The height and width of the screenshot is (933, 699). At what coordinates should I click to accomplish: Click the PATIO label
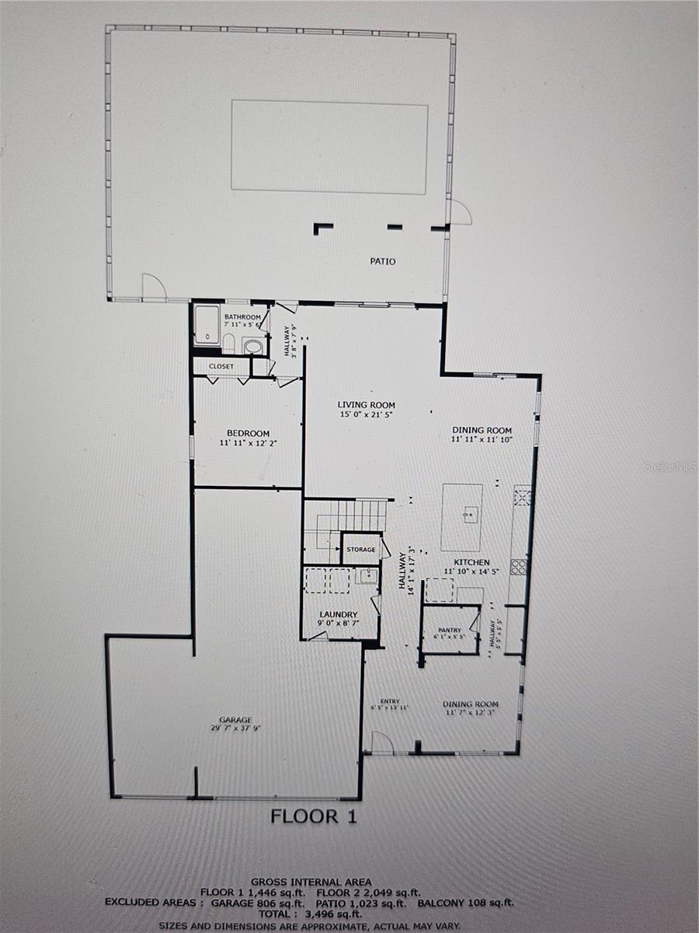click(x=382, y=261)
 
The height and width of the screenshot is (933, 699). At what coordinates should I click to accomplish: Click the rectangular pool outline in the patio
click(x=329, y=146)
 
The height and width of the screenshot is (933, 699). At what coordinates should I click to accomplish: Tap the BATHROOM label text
click(x=242, y=317)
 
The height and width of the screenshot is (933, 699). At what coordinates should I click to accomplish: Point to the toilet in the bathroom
click(x=229, y=343)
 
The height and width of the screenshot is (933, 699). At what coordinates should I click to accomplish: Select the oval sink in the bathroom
click(x=253, y=347)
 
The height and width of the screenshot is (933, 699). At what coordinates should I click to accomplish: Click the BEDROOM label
click(x=248, y=433)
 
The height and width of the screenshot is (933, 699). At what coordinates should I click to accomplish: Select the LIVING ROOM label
click(x=366, y=405)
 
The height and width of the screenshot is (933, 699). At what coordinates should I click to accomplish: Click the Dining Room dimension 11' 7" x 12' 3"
click(x=471, y=712)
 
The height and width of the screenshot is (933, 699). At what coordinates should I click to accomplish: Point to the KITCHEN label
click(x=471, y=562)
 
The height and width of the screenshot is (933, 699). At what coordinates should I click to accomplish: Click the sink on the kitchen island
click(x=470, y=514)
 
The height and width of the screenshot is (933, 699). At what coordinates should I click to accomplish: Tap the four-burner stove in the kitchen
click(x=518, y=566)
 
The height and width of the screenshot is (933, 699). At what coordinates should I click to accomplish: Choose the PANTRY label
click(x=449, y=630)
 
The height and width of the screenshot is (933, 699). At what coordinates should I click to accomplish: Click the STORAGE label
click(x=361, y=550)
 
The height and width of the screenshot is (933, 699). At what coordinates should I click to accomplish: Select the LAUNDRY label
click(x=338, y=614)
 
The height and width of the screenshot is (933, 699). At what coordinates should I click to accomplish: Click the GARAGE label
click(x=235, y=720)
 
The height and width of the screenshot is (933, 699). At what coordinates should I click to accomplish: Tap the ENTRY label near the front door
click(x=390, y=701)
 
